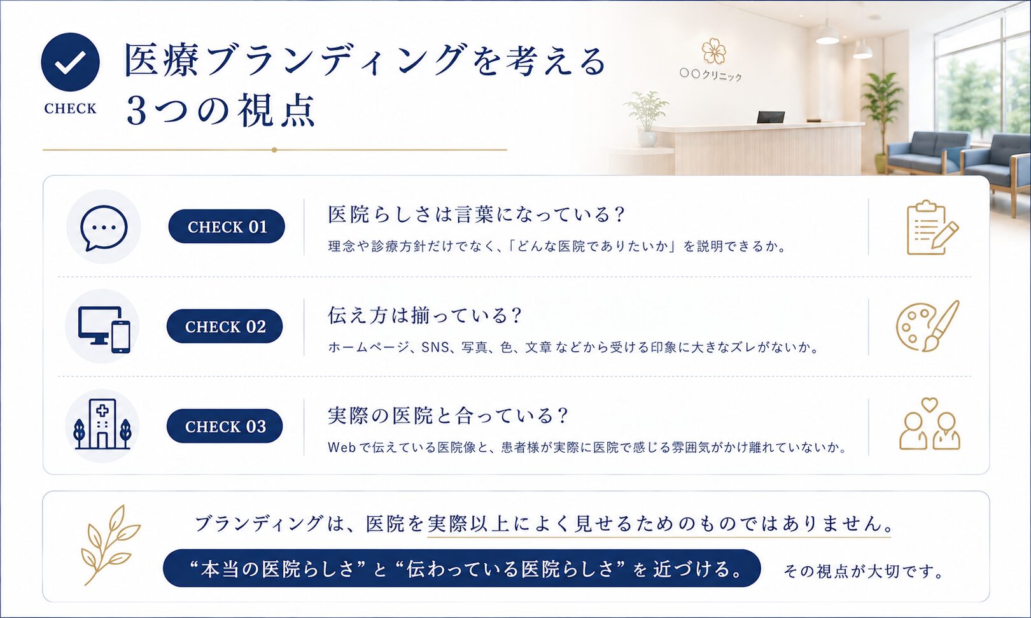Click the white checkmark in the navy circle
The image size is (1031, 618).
tap(71, 62)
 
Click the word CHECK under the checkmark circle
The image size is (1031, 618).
tap(71, 109)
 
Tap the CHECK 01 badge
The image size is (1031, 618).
tap(227, 227)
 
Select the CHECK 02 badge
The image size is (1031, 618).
tap(225, 327)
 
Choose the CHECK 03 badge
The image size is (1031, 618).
tap(225, 426)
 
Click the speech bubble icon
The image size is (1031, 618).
tap(104, 227)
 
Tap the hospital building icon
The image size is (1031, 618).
tap(102, 425)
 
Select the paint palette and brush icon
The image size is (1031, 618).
tap(927, 327)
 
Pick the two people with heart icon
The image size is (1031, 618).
tap(930, 424)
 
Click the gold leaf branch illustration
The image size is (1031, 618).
tap(111, 545)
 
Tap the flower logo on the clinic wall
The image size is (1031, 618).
tap(714, 51)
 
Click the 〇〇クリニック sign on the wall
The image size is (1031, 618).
tap(711, 74)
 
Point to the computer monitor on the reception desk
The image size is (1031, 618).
tap(771, 117)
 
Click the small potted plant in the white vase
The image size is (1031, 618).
tap(646, 119)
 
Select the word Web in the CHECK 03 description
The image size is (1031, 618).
tap(342, 447)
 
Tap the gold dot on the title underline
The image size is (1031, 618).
tap(274, 150)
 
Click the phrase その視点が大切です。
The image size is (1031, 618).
tap(864, 571)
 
